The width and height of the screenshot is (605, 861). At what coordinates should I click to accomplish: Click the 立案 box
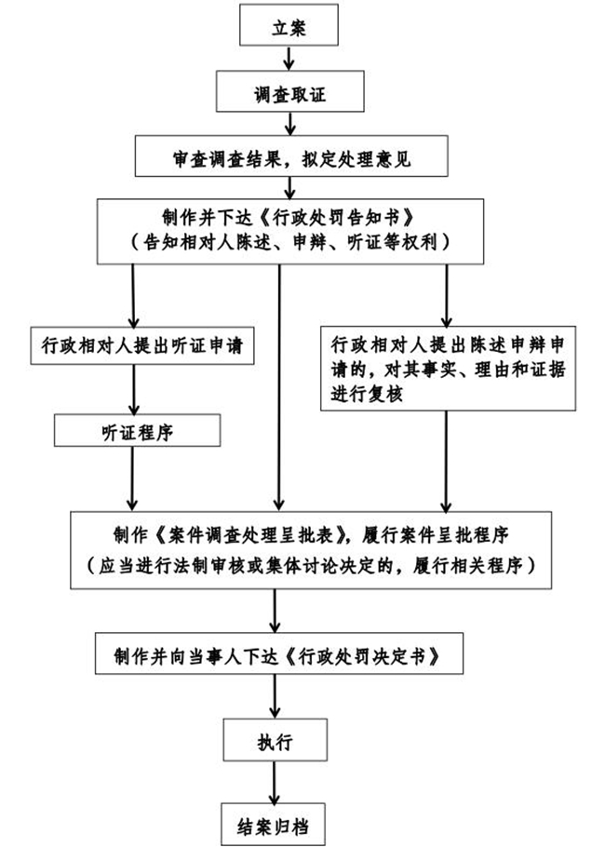pyautogui.click(x=288, y=26)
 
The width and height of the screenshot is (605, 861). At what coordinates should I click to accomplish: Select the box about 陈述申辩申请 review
pyautogui.click(x=447, y=368)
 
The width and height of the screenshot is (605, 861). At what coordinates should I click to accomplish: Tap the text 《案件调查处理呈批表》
pyautogui.click(x=249, y=537)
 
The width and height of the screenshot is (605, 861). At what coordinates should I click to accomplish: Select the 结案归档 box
pyautogui.click(x=274, y=824)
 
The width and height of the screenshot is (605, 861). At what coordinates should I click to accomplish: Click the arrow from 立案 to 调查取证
pyautogui.click(x=289, y=59)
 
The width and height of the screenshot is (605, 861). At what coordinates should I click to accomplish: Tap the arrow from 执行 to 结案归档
pyautogui.click(x=274, y=783)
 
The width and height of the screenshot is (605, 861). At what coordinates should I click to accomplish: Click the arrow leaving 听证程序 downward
pyautogui.click(x=134, y=478)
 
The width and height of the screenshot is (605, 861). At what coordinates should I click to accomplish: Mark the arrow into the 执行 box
pyautogui.click(x=274, y=698)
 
